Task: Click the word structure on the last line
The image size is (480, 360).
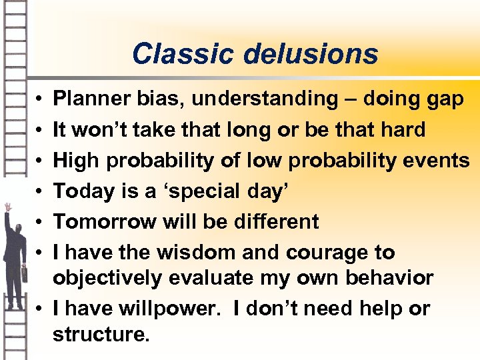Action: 99,334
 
